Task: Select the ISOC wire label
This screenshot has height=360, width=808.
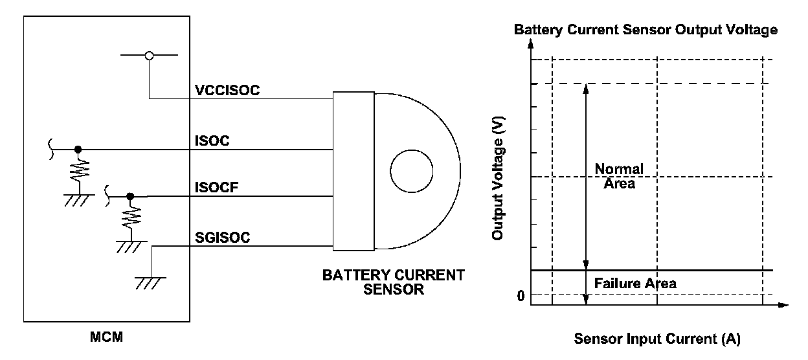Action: [212, 140]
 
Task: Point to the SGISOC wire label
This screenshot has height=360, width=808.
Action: [222, 238]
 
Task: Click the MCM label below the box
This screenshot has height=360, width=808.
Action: [107, 337]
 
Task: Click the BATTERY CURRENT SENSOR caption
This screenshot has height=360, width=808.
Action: [393, 282]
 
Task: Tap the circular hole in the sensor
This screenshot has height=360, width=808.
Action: [411, 171]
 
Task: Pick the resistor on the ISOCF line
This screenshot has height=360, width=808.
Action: [130, 218]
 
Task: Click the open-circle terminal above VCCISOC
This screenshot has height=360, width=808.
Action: [149, 56]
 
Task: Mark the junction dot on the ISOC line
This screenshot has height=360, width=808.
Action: [79, 149]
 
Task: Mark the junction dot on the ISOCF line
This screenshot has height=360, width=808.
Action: [130, 196]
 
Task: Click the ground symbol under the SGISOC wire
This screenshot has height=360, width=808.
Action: [150, 280]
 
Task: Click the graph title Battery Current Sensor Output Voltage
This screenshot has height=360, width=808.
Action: [645, 30]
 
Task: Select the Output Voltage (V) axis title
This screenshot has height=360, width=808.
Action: [498, 178]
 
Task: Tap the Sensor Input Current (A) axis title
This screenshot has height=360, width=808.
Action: [656, 339]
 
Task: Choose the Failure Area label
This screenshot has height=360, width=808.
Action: [634, 284]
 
